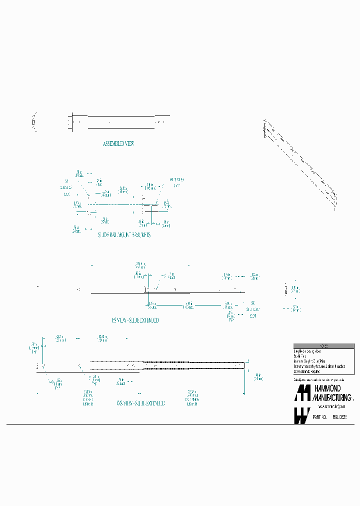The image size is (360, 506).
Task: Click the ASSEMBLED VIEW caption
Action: point(118,143)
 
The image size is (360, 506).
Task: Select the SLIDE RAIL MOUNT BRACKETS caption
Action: point(124,234)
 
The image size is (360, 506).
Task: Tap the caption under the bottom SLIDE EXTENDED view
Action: point(140,403)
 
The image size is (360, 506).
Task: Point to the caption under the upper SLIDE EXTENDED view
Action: point(135,320)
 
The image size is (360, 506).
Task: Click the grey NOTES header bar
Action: point(323,346)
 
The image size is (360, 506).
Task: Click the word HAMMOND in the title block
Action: point(326,388)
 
